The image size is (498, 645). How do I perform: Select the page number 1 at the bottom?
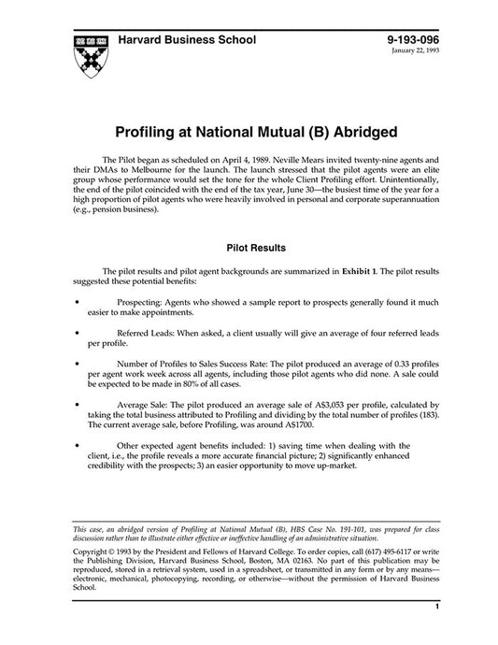[436, 632]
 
